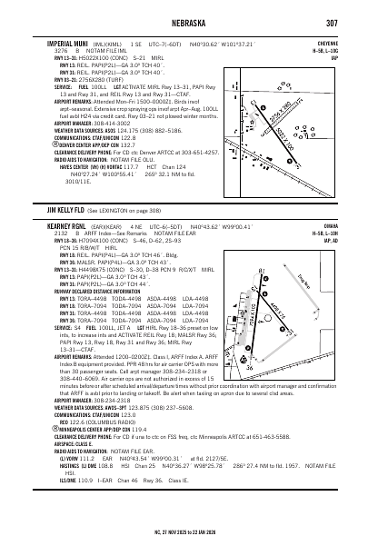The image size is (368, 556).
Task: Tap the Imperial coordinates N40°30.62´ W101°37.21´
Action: coord(216,43)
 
